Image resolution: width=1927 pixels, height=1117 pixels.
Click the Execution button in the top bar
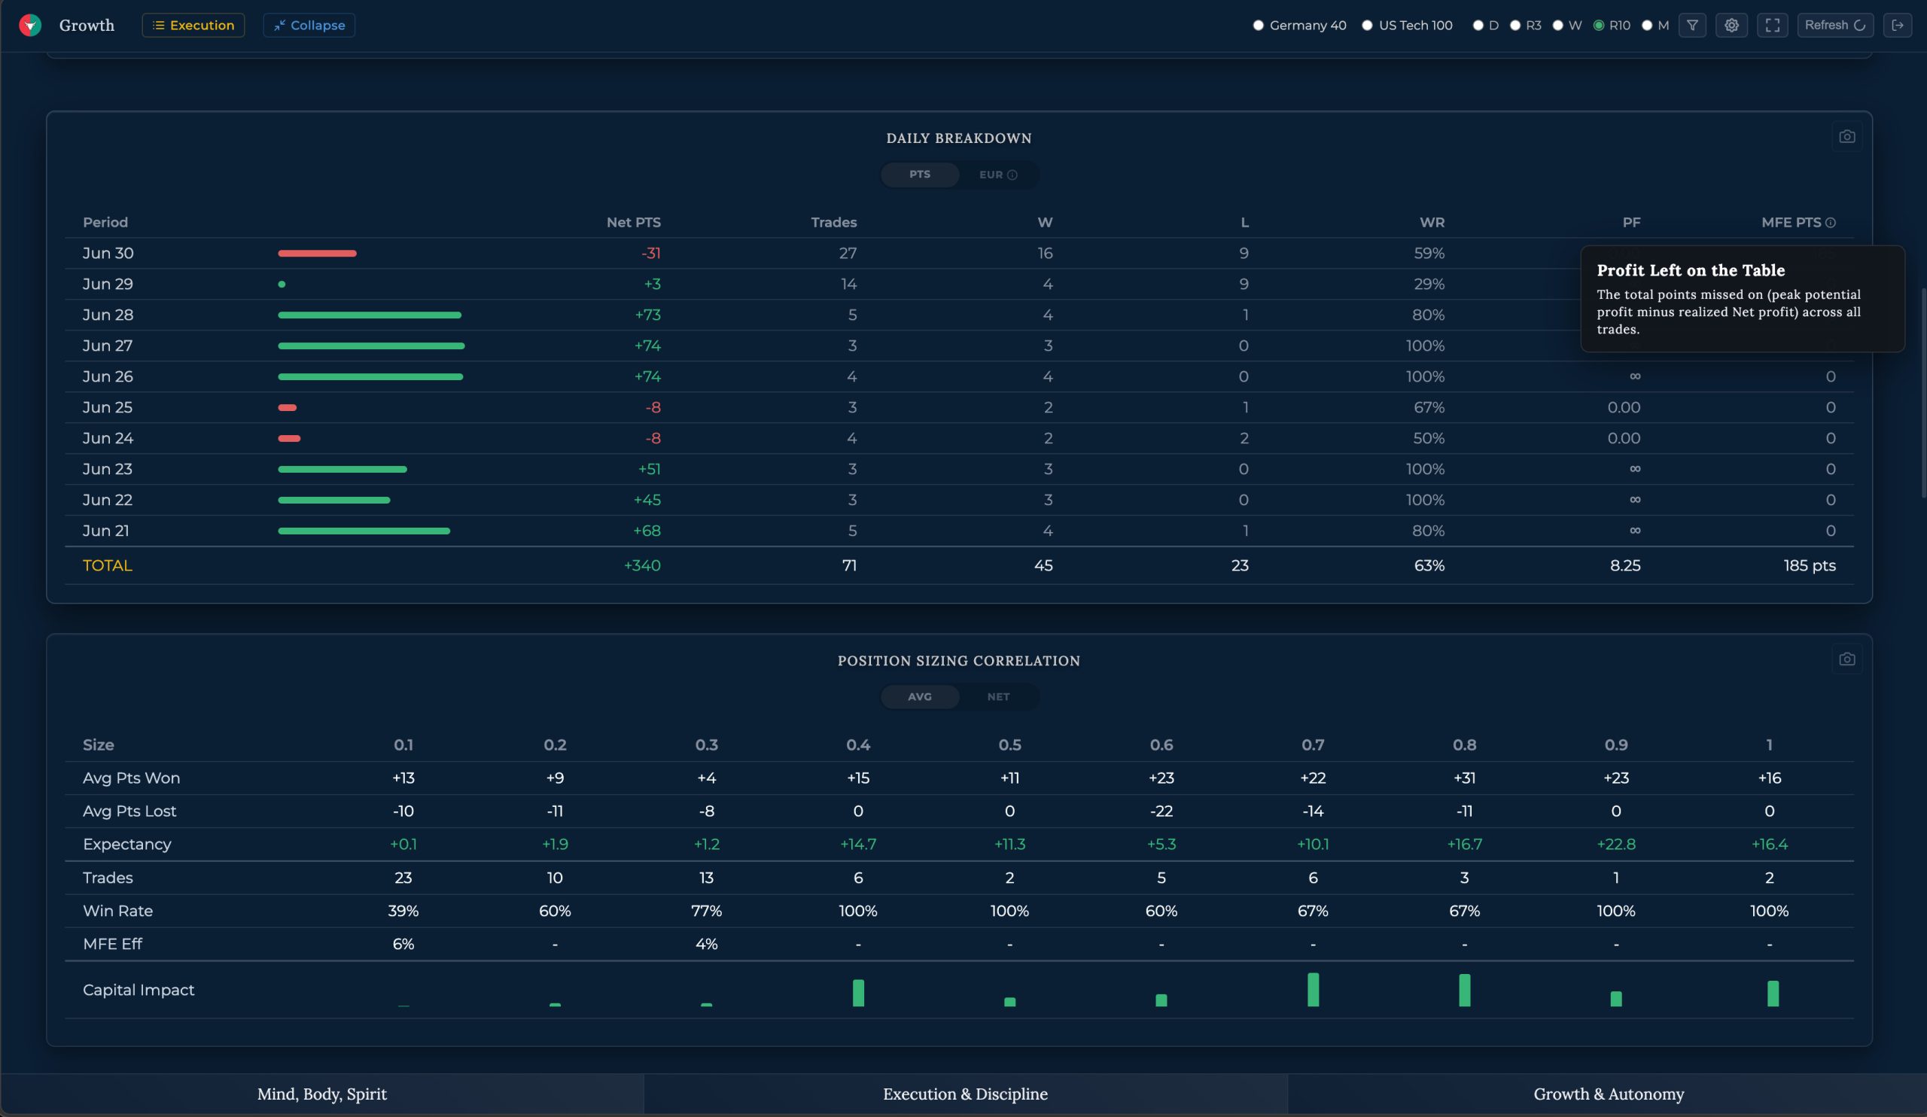193,26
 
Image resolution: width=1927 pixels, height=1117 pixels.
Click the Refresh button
1834,26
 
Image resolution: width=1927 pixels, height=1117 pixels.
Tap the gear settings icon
1731,26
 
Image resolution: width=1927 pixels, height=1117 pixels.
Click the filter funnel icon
1692,26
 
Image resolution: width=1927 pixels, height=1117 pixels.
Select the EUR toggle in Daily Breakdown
998,175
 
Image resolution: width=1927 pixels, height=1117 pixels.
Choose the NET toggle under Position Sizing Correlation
998,696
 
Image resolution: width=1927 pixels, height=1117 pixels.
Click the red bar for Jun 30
318,253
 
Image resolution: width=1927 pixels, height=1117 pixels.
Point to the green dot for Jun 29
282,285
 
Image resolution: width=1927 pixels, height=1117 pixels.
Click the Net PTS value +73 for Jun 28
647,315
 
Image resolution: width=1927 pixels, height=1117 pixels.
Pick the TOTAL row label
107,565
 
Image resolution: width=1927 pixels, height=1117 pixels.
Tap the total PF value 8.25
1625,565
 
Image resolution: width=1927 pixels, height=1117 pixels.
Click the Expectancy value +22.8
1616,844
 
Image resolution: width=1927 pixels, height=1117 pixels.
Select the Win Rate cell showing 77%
706,911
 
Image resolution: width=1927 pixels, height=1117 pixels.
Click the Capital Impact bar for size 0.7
1313,989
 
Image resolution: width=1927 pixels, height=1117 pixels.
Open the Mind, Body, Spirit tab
322,1094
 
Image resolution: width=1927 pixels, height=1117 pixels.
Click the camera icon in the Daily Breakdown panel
1846,137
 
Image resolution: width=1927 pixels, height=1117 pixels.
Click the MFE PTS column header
1791,223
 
